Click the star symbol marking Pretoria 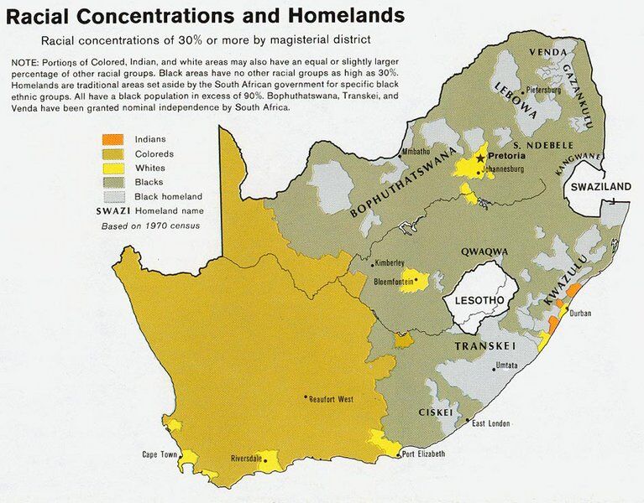(x=480, y=158)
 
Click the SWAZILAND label (x=601, y=187)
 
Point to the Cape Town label (x=159, y=455)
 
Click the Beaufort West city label (x=332, y=400)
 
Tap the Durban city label (x=581, y=314)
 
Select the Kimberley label (x=390, y=262)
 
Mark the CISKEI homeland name (x=437, y=412)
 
